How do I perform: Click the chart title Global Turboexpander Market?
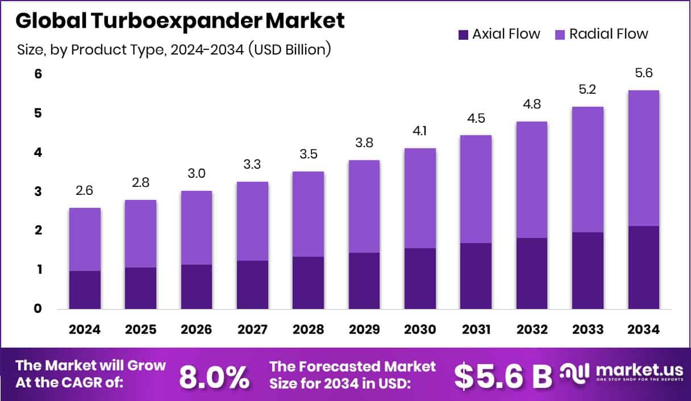[180, 21]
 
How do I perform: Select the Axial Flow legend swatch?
[463, 34]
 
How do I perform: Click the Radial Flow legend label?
[609, 34]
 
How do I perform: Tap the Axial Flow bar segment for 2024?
[85, 290]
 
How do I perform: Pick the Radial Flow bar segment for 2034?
[644, 158]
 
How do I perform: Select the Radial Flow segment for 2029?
[364, 206]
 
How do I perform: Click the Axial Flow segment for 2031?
[476, 275]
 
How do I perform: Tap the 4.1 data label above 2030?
[420, 132]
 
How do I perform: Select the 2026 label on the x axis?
[197, 329]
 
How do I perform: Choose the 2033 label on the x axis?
[588, 329]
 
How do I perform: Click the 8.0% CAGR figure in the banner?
[214, 375]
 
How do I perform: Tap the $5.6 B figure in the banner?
[503, 375]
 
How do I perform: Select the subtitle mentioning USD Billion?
[174, 50]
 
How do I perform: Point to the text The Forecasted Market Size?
[352, 375]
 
